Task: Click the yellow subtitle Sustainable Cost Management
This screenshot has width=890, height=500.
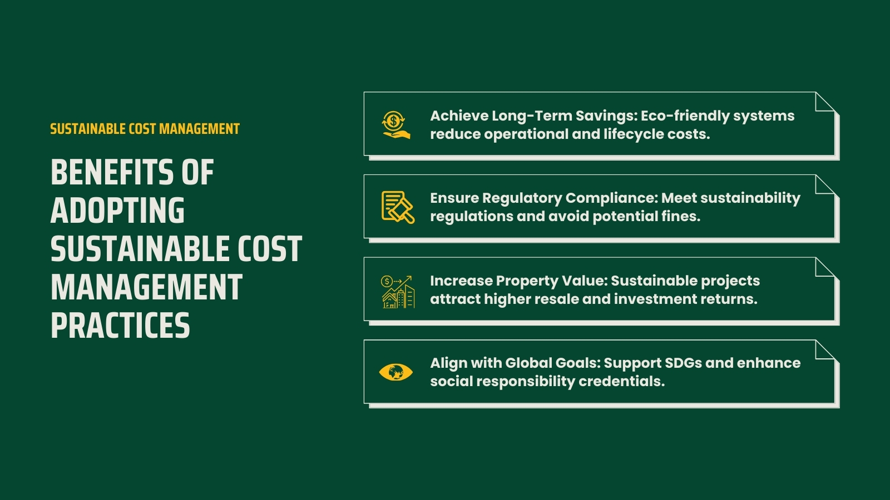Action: coord(145,129)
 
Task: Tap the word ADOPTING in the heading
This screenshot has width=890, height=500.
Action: coord(117,211)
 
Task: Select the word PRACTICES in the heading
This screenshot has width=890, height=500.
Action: coord(120,326)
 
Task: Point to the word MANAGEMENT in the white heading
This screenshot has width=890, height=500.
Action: coord(146,287)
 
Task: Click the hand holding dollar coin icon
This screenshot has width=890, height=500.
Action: coord(395,124)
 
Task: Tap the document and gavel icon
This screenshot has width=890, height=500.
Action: coord(397,207)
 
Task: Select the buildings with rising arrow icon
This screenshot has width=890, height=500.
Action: coord(397,291)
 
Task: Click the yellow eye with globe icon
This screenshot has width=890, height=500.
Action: coord(395,372)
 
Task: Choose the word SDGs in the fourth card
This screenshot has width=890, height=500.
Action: coord(683,363)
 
